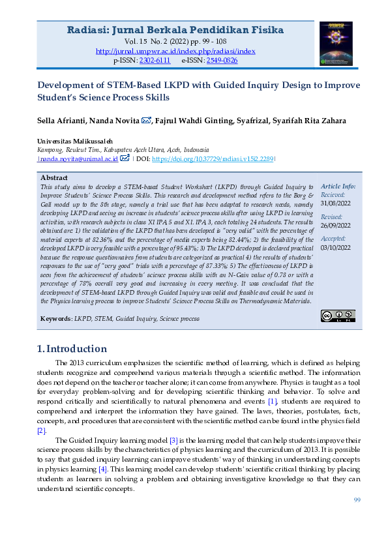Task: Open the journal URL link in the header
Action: (x=175, y=51)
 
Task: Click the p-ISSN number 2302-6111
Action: (x=155, y=60)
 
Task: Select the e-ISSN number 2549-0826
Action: (x=222, y=60)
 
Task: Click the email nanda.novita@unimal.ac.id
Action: (x=79, y=158)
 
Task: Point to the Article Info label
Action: (x=338, y=186)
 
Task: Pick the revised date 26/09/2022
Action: (x=335, y=226)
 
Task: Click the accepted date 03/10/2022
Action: (x=335, y=247)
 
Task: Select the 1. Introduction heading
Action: (x=72, y=348)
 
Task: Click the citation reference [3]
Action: (x=173, y=440)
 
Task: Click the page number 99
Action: (x=357, y=499)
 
